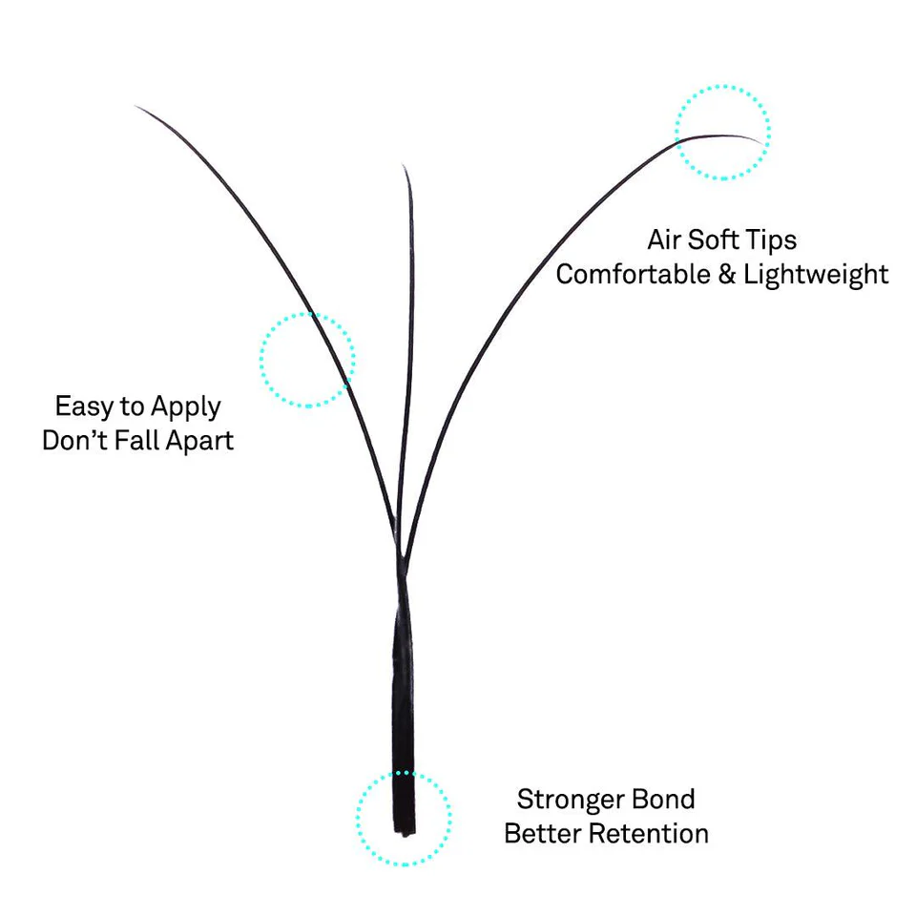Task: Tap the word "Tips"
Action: [772, 239]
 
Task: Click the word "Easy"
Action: [83, 406]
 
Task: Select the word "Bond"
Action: [661, 799]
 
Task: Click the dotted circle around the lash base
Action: [404, 819]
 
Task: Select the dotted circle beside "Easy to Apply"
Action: [307, 360]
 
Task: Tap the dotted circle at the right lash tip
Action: [722, 132]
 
